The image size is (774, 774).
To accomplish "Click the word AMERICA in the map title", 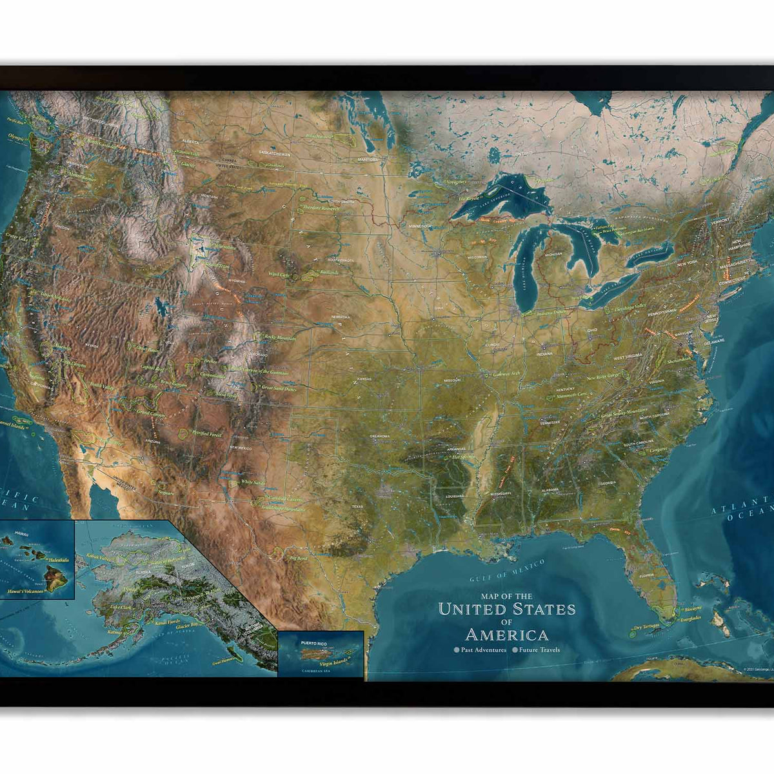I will [x=506, y=634].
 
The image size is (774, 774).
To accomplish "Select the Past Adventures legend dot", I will [x=457, y=650].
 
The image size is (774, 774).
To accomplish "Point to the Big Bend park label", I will [x=299, y=557].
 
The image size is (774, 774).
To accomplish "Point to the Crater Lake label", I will [x=17, y=237].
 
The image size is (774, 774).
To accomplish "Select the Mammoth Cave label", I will [x=573, y=394].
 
